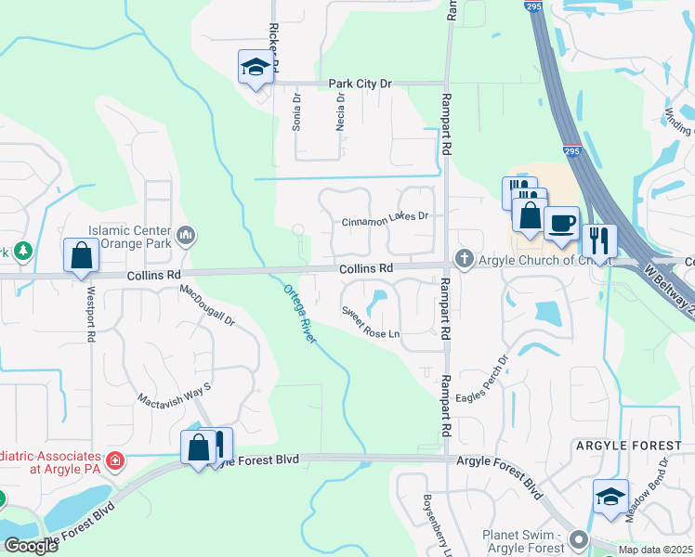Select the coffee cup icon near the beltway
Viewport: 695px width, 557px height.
tap(562, 224)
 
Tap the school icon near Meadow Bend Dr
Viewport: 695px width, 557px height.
tap(610, 498)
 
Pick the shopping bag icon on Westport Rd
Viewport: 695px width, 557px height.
tap(81, 255)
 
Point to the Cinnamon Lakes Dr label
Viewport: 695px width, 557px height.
tap(385, 220)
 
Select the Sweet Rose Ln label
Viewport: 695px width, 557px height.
tap(370, 322)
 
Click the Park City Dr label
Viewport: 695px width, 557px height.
tap(361, 84)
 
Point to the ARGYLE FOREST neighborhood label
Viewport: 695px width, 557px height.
tap(629, 447)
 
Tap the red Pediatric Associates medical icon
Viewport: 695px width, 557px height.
tap(114, 460)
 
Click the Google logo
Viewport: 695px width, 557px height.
tap(31, 546)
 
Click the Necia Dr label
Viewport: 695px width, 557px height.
tap(340, 112)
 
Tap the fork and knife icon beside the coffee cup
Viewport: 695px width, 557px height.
tap(599, 241)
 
